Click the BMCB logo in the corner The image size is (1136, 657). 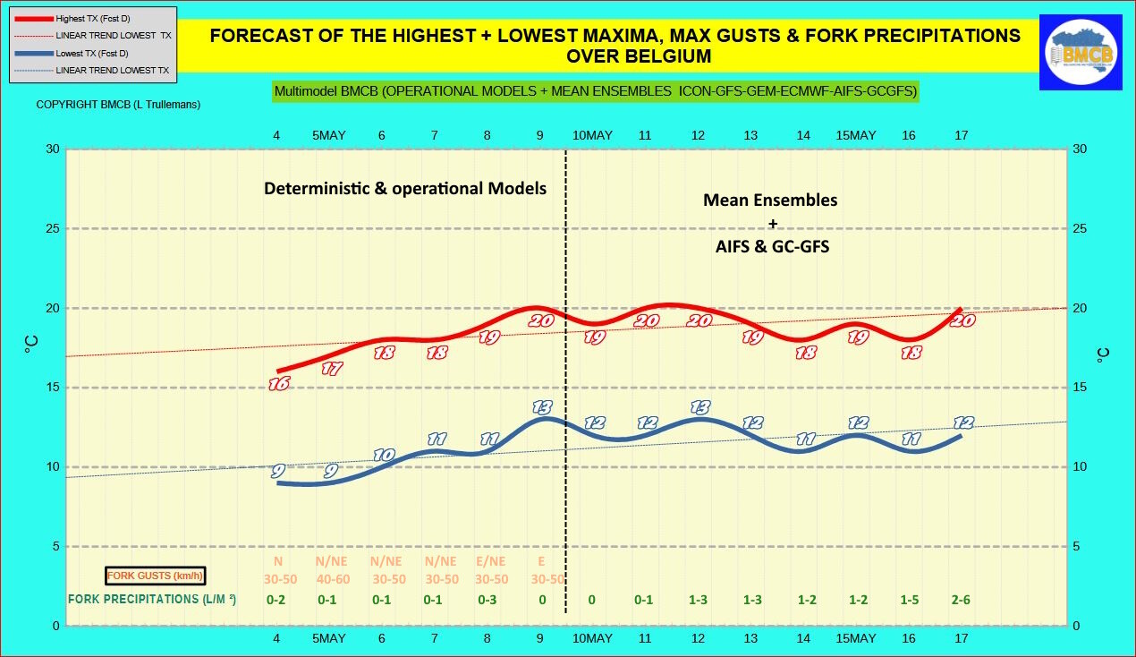point(1080,52)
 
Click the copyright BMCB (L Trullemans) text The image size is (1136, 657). point(118,105)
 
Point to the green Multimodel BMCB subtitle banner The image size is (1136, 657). point(596,91)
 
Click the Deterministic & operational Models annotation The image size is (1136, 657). point(404,189)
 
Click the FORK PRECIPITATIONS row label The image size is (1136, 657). point(152,599)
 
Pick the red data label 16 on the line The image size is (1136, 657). point(278,384)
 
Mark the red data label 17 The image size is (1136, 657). point(332,368)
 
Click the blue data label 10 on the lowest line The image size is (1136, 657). point(384,455)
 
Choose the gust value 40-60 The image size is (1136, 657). point(333,579)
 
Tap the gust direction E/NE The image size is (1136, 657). point(490,561)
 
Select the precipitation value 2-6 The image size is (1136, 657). point(961,600)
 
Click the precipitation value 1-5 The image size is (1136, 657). point(908,600)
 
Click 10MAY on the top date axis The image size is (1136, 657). point(592,135)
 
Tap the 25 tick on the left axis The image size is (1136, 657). point(52,228)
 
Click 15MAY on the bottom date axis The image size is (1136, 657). point(855,639)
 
